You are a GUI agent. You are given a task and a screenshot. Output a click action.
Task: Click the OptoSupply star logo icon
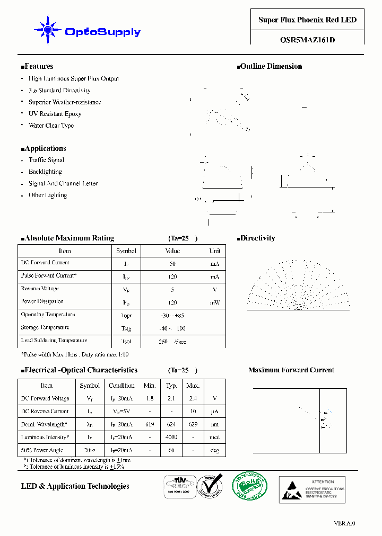(x=47, y=30)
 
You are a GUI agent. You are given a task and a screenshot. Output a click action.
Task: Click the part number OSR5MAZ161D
(x=307, y=39)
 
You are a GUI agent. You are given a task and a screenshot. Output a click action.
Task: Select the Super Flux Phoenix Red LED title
(x=307, y=20)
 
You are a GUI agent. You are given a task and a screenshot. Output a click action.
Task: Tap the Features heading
(x=37, y=67)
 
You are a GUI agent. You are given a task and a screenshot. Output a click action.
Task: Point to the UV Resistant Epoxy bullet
(x=55, y=114)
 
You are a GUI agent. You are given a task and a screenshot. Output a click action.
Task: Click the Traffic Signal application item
(x=46, y=160)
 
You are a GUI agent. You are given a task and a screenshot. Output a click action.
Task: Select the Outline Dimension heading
(x=270, y=67)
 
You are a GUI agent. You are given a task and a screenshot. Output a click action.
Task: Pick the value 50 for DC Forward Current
(x=172, y=264)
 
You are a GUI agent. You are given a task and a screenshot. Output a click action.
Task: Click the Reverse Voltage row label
(x=40, y=289)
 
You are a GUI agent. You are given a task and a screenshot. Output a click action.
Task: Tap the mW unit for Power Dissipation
(x=214, y=303)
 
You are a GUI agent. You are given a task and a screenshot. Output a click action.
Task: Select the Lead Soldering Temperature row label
(x=54, y=341)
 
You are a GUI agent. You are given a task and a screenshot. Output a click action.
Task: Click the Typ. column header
(x=171, y=386)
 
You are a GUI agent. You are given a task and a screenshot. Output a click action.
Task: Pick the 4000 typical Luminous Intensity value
(x=171, y=437)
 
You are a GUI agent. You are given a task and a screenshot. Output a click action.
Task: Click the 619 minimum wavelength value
(x=150, y=424)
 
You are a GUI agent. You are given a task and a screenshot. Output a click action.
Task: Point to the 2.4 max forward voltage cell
(x=193, y=398)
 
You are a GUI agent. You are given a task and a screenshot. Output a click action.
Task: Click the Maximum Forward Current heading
(x=291, y=370)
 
